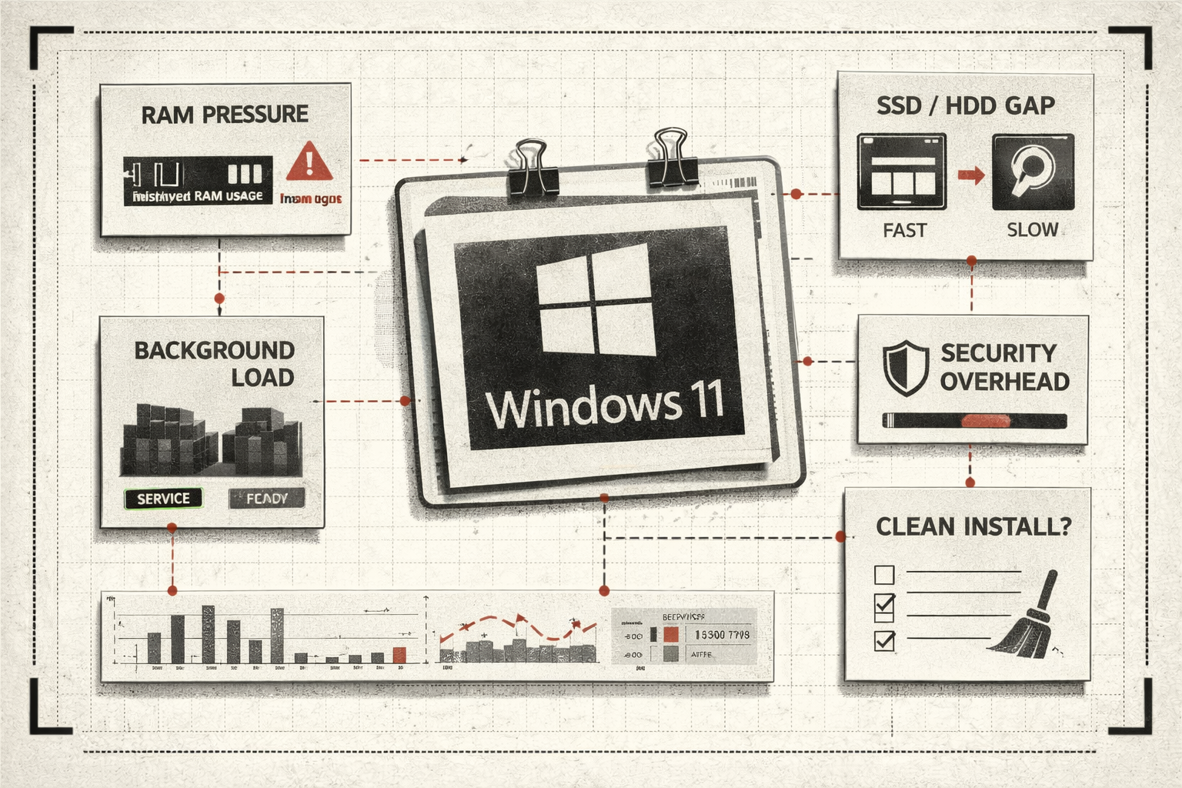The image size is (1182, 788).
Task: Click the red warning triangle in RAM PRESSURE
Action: coord(309,162)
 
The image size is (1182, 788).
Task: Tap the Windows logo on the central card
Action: coord(595,305)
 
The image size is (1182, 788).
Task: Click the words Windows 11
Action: coord(606,406)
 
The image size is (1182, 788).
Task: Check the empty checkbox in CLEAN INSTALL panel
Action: coord(885,574)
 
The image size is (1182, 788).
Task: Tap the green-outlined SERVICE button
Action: coord(163,499)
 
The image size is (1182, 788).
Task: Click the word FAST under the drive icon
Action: coord(904,230)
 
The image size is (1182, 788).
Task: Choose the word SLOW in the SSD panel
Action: coord(1032,230)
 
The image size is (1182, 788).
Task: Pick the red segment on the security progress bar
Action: coord(985,421)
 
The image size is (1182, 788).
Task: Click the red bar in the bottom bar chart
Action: coord(399,655)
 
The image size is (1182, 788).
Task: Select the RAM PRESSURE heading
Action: coord(225,115)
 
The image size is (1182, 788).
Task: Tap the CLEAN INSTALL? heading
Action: coord(973,527)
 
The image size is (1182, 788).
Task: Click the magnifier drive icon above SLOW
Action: coord(1033,172)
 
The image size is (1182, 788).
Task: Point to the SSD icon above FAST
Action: coord(902,172)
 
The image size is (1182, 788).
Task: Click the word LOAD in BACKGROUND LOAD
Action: coord(262,378)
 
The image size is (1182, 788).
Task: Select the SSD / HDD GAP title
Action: coord(965,105)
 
